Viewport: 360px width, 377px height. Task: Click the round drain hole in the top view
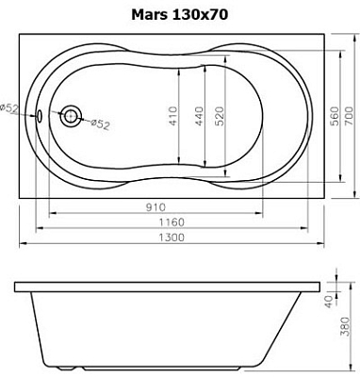(71, 116)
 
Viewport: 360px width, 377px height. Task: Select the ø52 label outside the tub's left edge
(9, 108)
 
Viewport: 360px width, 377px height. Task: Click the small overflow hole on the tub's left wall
(41, 116)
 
